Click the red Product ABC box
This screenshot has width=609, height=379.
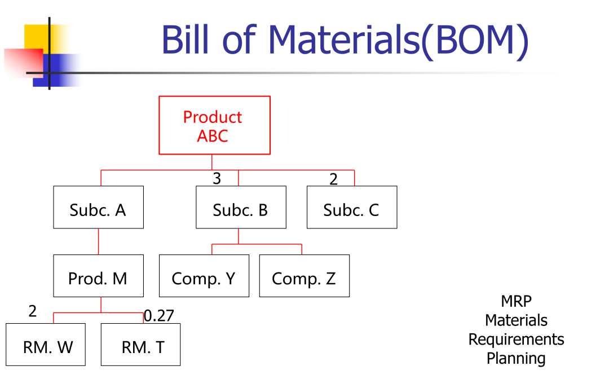(214, 125)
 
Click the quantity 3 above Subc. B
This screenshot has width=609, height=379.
(217, 179)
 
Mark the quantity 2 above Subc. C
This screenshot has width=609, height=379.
(333, 179)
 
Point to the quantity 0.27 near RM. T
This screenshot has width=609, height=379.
(159, 316)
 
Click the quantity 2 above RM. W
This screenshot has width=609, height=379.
(33, 311)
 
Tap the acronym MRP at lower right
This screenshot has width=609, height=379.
(516, 301)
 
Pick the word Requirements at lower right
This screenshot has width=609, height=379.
(516, 340)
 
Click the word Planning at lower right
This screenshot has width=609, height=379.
(516, 359)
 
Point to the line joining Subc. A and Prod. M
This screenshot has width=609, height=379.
(98, 241)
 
